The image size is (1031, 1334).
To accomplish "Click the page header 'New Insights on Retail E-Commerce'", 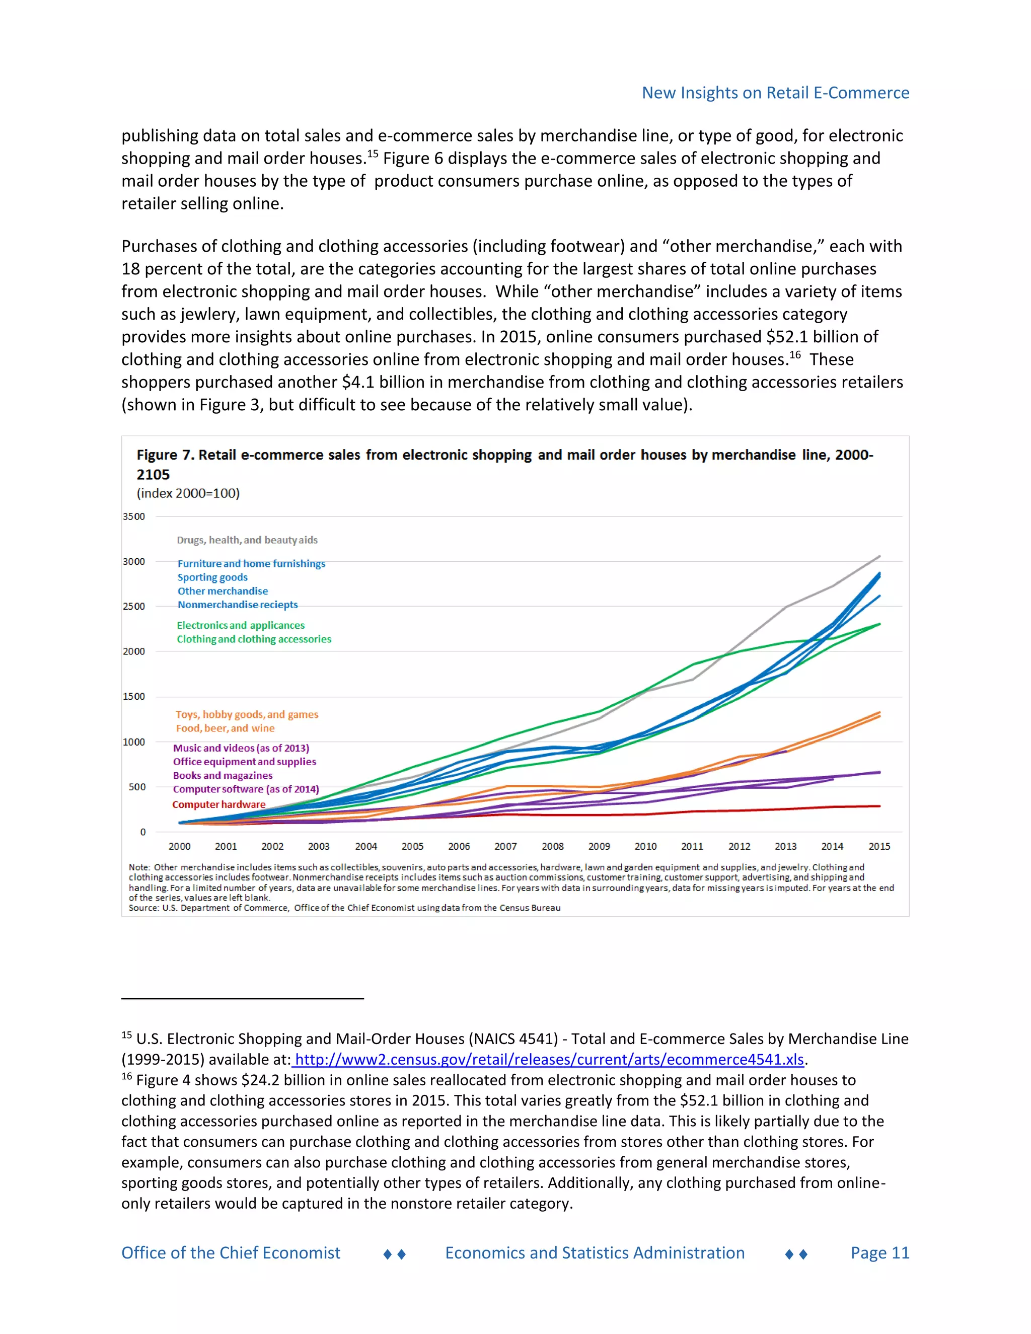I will point(775,93).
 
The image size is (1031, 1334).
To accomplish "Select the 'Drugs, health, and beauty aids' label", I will point(247,540).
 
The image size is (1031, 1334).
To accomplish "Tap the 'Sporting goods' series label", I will point(212,577).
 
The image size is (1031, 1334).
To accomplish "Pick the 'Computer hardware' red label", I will point(218,804).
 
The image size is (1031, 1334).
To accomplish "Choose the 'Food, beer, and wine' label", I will point(226,728).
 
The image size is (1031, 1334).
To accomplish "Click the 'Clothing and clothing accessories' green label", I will point(254,639).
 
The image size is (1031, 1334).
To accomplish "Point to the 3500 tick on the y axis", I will point(134,517).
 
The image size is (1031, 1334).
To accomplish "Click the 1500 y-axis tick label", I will point(134,696).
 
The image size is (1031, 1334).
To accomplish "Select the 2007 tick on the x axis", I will point(506,847).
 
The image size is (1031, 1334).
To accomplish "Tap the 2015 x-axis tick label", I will point(879,847).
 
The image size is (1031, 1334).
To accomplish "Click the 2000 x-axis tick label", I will point(180,847).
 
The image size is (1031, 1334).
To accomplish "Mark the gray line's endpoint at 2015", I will point(879,556).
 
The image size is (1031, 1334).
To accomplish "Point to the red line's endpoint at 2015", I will point(879,806).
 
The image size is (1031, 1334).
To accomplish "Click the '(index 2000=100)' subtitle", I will point(188,493).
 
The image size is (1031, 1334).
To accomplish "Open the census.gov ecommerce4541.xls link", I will point(549,1059).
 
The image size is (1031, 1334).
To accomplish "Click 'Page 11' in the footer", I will point(879,1253).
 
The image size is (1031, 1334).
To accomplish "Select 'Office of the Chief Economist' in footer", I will point(231,1253).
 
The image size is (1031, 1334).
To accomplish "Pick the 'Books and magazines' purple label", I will point(223,776).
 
